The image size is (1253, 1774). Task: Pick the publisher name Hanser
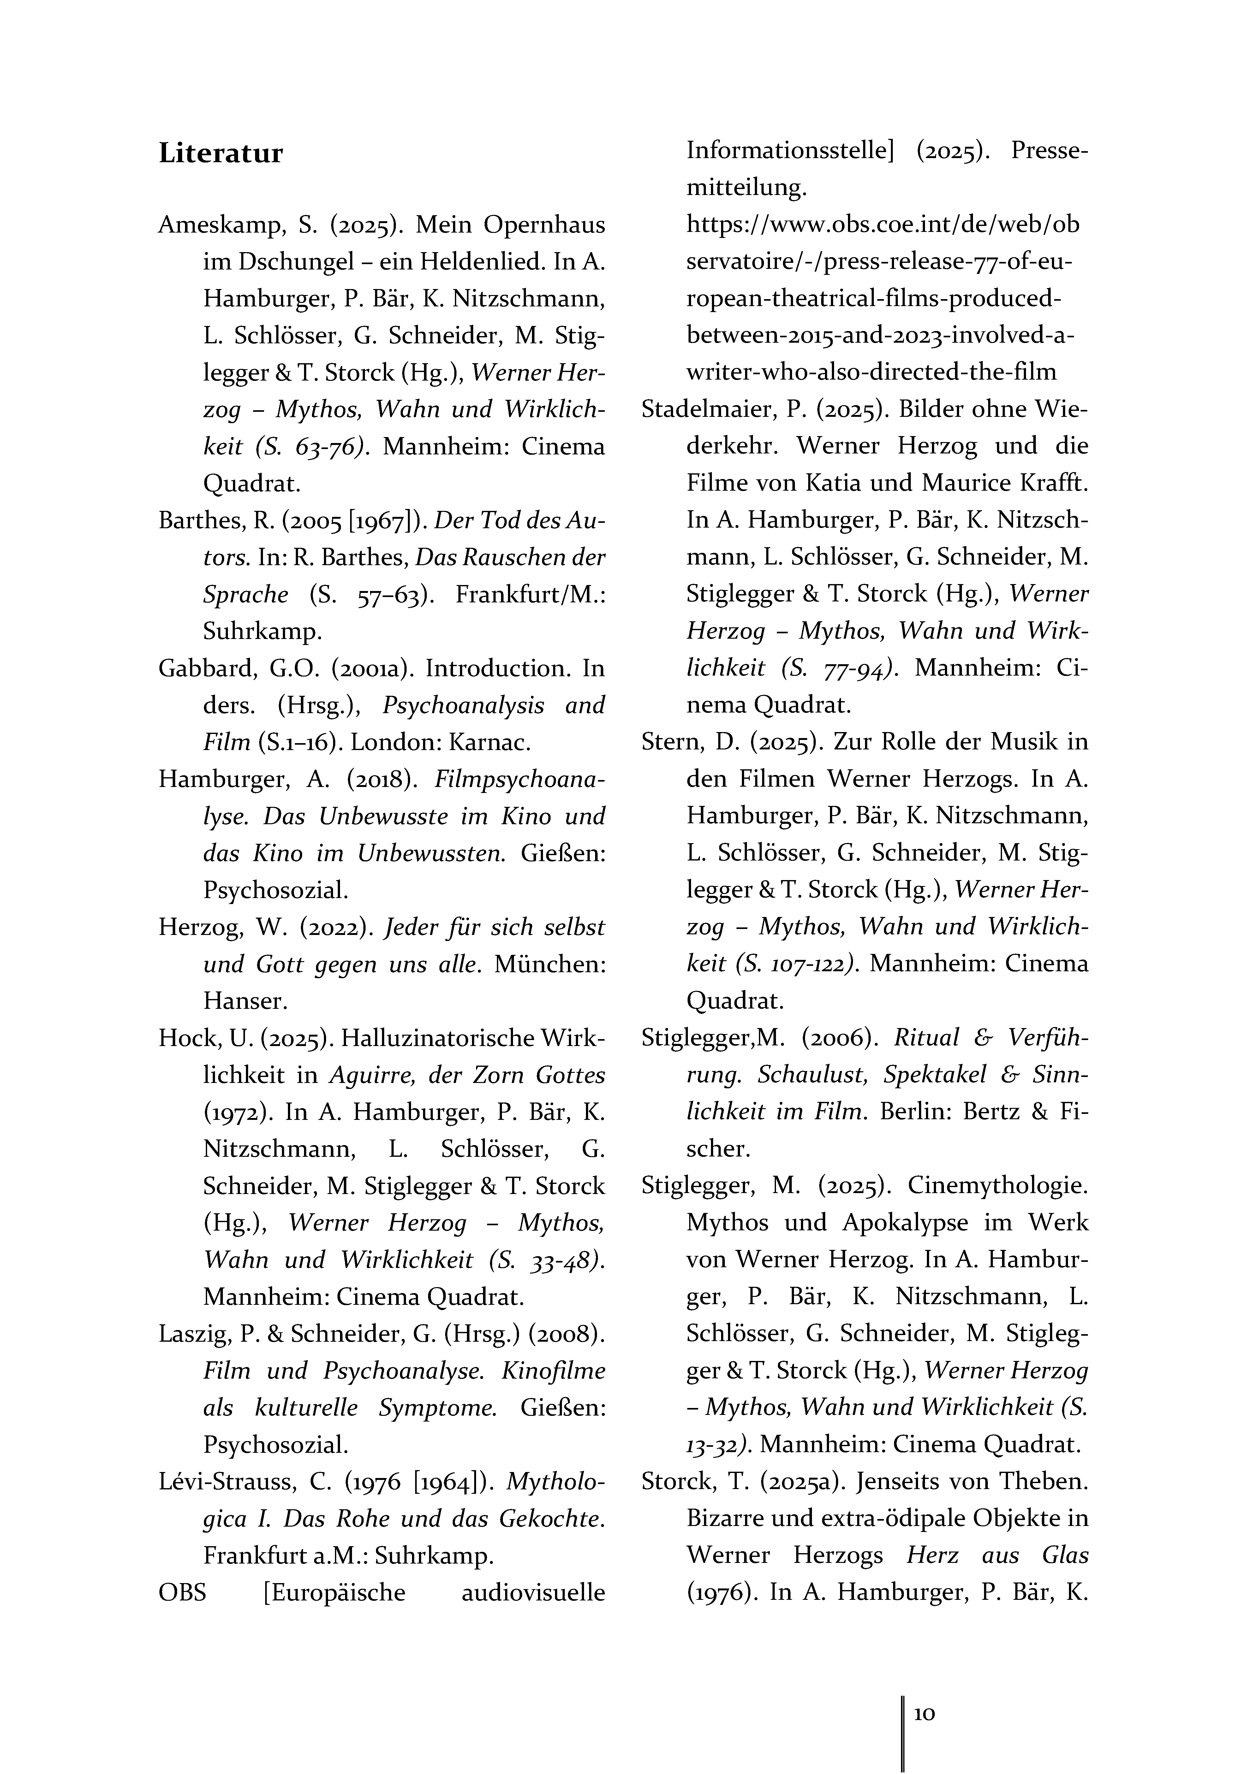tap(245, 1001)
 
